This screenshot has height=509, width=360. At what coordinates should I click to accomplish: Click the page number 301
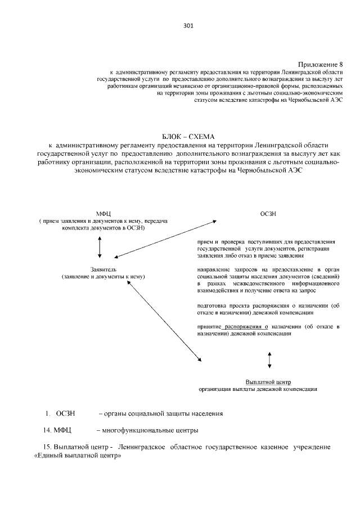[188, 25]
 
